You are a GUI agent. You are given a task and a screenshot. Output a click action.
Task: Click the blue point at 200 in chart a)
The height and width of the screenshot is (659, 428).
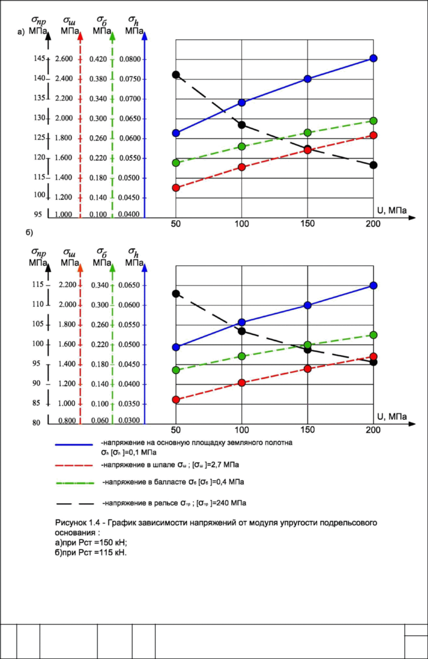pyautogui.click(x=374, y=58)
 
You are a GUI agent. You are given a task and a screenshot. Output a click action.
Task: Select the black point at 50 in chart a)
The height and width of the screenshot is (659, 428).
pyautogui.click(x=176, y=75)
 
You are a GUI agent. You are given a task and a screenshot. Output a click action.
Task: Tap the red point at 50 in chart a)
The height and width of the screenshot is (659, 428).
pyautogui.click(x=176, y=188)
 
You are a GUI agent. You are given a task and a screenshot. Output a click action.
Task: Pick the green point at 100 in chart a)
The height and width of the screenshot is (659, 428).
pyautogui.click(x=242, y=147)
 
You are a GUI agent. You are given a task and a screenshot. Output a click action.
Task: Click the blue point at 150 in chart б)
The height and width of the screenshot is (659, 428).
pyautogui.click(x=308, y=305)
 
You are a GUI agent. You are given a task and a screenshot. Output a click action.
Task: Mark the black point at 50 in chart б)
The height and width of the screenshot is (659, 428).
pyautogui.click(x=176, y=293)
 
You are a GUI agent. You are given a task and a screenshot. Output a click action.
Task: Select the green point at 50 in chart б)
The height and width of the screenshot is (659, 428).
pyautogui.click(x=176, y=370)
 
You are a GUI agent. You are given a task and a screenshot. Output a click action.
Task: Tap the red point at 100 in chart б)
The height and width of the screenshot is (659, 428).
pyautogui.click(x=242, y=383)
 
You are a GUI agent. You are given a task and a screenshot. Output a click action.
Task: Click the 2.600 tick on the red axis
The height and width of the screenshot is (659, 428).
pyautogui.click(x=64, y=59)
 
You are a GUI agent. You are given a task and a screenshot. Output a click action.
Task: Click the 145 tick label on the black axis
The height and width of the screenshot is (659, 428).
pyautogui.click(x=40, y=58)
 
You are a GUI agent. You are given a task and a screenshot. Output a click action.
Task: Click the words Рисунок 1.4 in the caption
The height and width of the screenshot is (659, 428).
pyautogui.click(x=73, y=523)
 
